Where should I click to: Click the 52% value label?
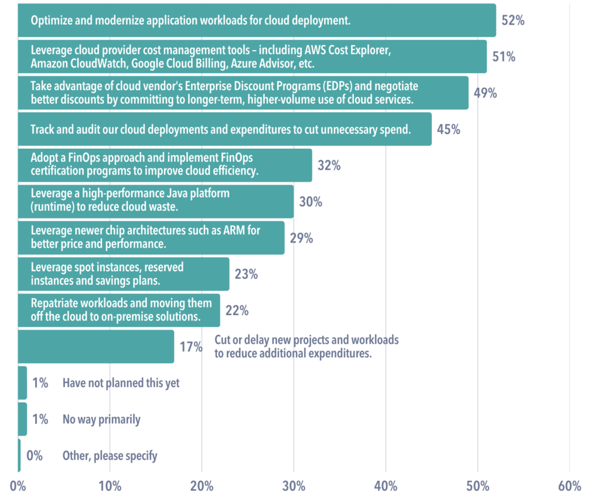click(x=513, y=20)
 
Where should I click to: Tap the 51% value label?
click(x=504, y=57)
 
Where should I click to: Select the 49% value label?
click(x=485, y=93)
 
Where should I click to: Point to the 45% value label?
click(x=448, y=129)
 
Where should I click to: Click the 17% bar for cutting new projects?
click(x=96, y=347)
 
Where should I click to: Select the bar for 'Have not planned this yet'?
click(x=22, y=383)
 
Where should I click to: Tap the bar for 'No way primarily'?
click(x=22, y=419)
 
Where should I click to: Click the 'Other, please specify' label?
click(x=110, y=456)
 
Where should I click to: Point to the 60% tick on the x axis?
click(x=569, y=487)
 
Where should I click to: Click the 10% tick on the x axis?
click(x=110, y=487)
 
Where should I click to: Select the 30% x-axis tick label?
click(x=294, y=487)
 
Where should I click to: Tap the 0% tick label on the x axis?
click(x=18, y=487)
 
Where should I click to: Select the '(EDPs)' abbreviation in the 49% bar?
click(x=322, y=86)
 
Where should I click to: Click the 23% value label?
click(x=246, y=274)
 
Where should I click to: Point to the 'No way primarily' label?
click(x=101, y=419)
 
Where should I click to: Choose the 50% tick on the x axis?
click(x=478, y=487)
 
